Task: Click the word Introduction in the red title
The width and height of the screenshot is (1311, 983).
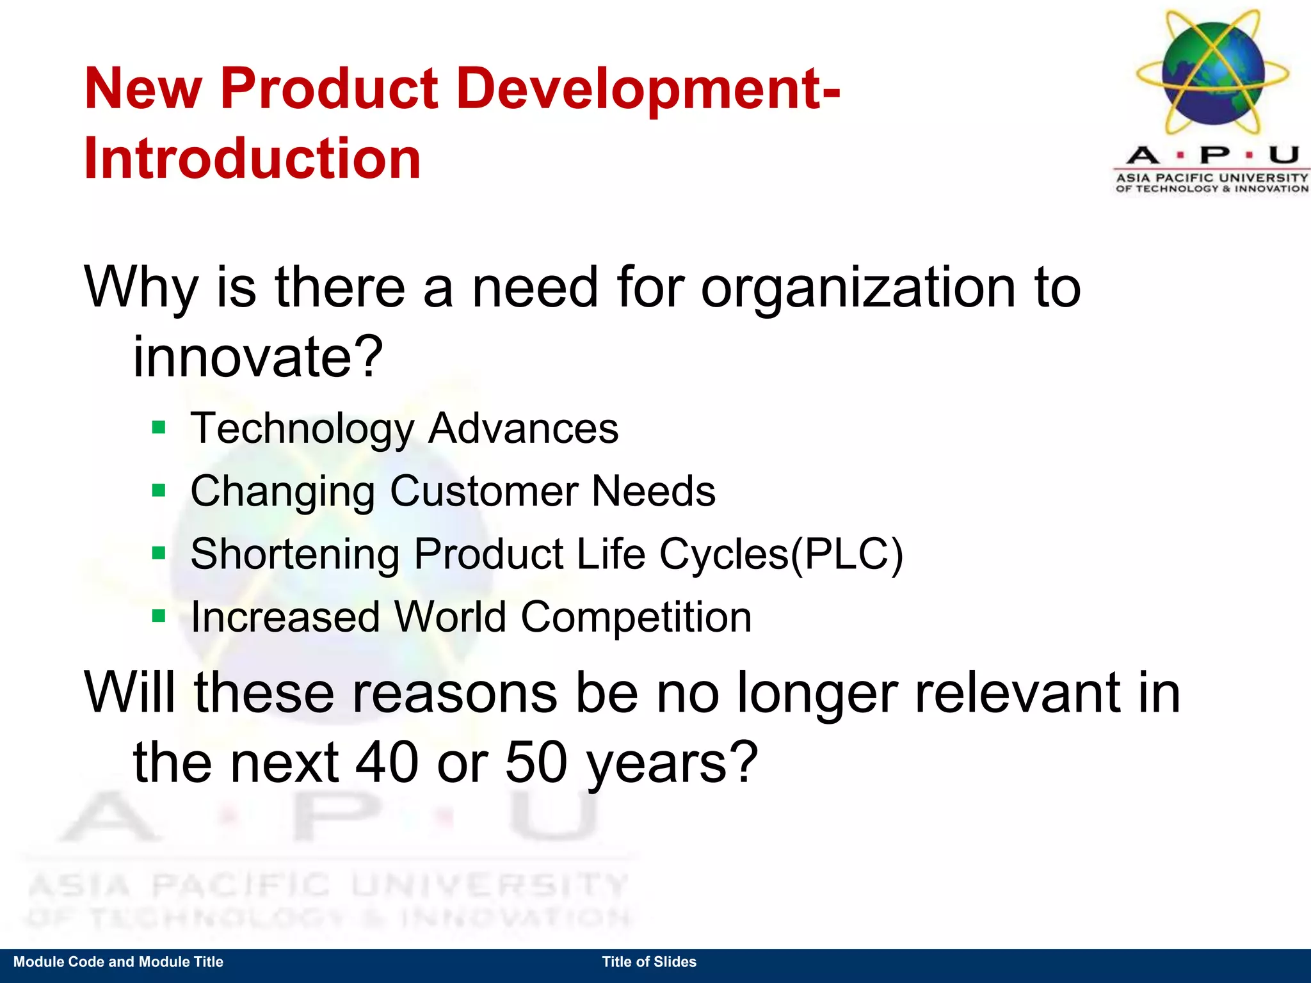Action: coord(252,158)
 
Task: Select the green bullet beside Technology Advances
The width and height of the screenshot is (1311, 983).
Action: coord(159,427)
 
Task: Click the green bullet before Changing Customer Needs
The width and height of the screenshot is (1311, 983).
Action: coord(159,490)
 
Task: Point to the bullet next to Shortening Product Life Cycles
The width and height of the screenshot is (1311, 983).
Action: coord(159,552)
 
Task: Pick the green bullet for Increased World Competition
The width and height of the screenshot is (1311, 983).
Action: coord(159,616)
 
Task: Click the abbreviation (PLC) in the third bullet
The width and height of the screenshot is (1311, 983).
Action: coord(846,554)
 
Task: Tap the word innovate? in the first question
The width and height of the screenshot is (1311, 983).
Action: coord(257,356)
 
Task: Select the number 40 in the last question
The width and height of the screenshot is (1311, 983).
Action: coord(387,762)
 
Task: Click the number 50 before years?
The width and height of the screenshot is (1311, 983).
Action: coord(536,762)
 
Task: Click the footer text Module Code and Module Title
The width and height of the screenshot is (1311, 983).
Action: coord(118,962)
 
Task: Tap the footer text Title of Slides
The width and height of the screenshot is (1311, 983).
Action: coord(649,962)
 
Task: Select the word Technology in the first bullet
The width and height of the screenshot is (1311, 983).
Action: coord(302,428)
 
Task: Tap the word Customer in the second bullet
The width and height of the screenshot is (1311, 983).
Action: coord(484,491)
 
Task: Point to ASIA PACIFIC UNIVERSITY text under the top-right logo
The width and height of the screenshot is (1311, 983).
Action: coord(1212,177)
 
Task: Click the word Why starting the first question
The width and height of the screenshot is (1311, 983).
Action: coord(141,288)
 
